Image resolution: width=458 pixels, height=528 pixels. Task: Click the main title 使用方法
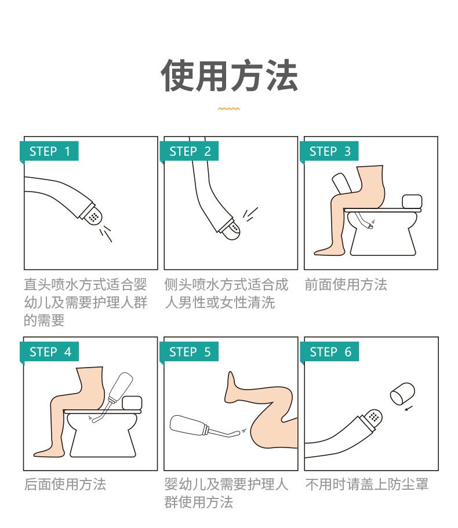tap(229, 75)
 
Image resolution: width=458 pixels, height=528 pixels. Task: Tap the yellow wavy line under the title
tap(229, 109)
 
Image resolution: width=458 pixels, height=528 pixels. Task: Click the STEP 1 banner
tap(49, 151)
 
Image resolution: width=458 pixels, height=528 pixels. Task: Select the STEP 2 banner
tap(189, 151)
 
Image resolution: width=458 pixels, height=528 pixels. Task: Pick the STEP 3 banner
tap(329, 151)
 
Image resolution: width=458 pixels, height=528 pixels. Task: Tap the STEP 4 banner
tap(49, 351)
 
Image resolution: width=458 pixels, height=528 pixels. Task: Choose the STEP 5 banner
tap(189, 351)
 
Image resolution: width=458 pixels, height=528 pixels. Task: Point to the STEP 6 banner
tap(329, 351)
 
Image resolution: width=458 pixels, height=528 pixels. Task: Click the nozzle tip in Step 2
tap(233, 230)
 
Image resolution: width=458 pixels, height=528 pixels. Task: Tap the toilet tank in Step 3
tap(412, 201)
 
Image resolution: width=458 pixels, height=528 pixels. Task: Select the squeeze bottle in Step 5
tap(189, 426)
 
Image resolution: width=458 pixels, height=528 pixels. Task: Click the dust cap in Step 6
tap(402, 393)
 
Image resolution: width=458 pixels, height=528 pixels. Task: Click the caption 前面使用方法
tap(346, 284)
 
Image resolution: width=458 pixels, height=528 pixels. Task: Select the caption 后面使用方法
tap(65, 484)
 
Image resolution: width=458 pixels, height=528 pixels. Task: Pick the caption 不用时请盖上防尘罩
tap(366, 484)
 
